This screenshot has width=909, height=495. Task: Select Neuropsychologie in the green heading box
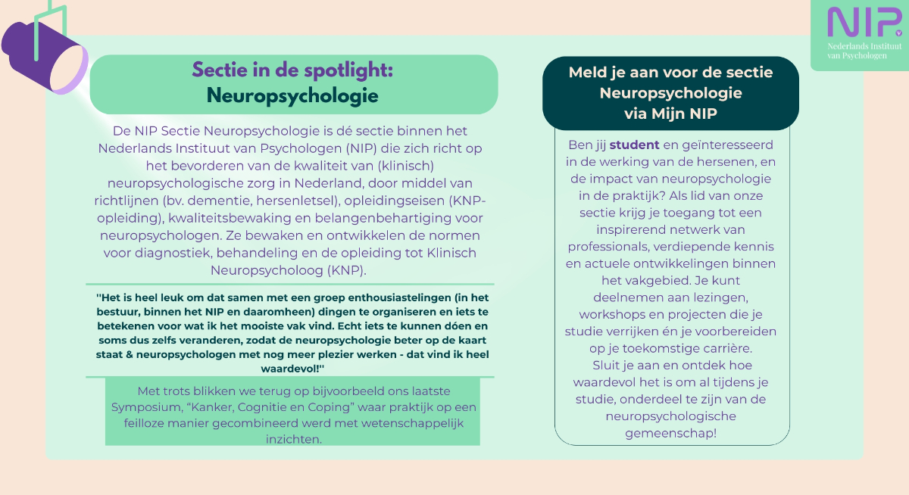click(x=292, y=96)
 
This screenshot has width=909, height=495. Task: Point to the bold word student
click(x=634, y=145)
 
